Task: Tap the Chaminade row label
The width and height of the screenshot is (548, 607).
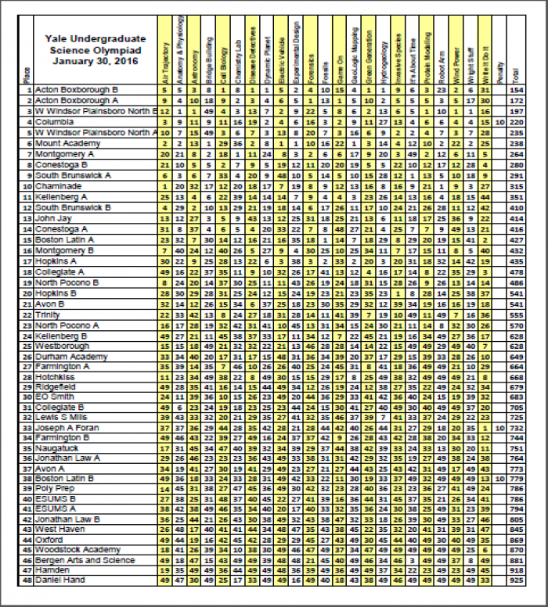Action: [58, 188]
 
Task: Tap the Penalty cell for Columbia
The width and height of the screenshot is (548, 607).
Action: [499, 123]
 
